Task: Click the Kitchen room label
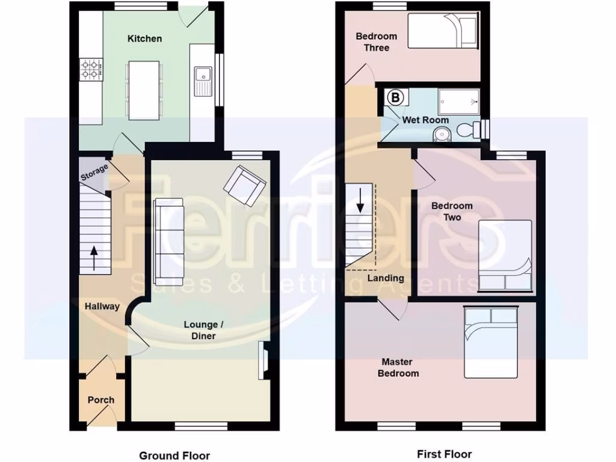click(144, 38)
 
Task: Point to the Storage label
click(94, 172)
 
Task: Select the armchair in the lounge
click(245, 184)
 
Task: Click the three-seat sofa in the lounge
click(169, 240)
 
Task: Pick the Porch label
click(100, 399)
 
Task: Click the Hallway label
click(102, 306)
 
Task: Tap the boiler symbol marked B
click(395, 97)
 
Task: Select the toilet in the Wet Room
click(468, 129)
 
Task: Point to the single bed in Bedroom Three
click(443, 30)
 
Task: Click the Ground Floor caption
click(174, 455)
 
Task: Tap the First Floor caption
click(444, 454)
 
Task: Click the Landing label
click(386, 278)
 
